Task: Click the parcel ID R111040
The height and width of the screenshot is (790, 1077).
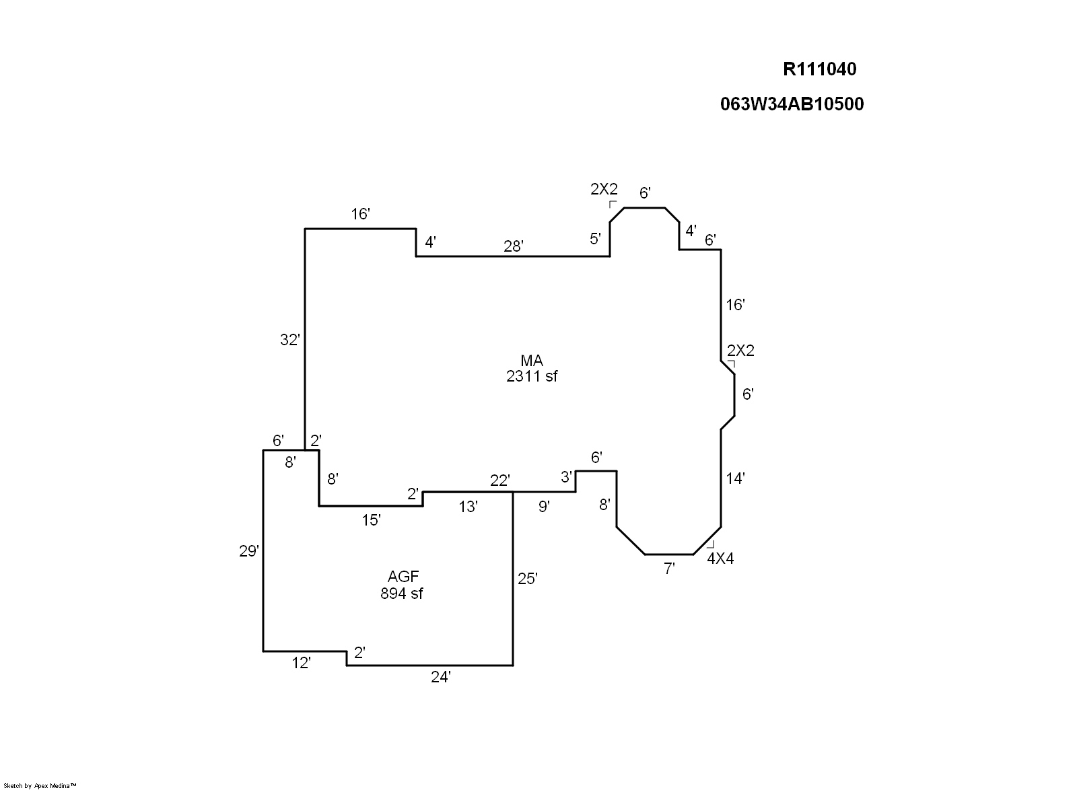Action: coord(819,69)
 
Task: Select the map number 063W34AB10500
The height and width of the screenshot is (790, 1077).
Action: coord(792,104)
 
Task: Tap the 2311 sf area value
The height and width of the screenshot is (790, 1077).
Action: coord(532,377)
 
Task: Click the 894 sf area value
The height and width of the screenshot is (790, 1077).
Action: coord(402,594)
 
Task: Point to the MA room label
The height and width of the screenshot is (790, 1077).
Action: coord(532,361)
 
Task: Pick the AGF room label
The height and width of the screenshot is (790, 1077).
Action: coord(403,577)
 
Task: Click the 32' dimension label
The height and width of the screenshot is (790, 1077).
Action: coord(289,340)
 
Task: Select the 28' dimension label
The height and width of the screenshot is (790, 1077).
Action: coord(514,247)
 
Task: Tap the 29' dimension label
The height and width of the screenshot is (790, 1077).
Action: coord(249,552)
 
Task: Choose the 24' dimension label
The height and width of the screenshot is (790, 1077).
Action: coord(440,678)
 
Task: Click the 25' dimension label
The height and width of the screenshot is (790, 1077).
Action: coord(528,579)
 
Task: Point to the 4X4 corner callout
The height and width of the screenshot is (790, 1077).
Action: coord(720,559)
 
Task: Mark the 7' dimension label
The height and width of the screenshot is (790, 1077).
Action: coord(669,569)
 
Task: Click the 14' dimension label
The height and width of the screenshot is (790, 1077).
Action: coord(735,479)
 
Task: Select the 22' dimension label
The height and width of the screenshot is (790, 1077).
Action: coord(500,480)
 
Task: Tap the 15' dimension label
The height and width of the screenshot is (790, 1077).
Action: coord(372,520)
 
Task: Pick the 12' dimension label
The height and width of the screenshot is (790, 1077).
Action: coord(301,663)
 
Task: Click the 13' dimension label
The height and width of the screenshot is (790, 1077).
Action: coord(468,507)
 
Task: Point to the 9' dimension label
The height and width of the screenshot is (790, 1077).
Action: coord(544,507)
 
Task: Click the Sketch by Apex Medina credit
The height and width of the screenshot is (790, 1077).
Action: coord(40,785)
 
